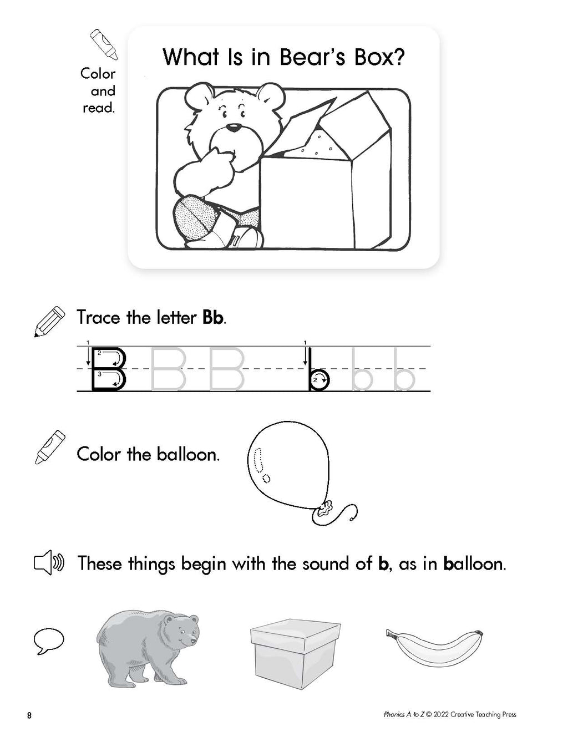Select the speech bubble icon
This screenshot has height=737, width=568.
tap(49, 641)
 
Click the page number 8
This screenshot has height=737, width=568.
tap(29, 715)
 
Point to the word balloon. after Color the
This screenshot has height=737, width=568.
tap(188, 455)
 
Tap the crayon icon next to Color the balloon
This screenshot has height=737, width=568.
tap(50, 447)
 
